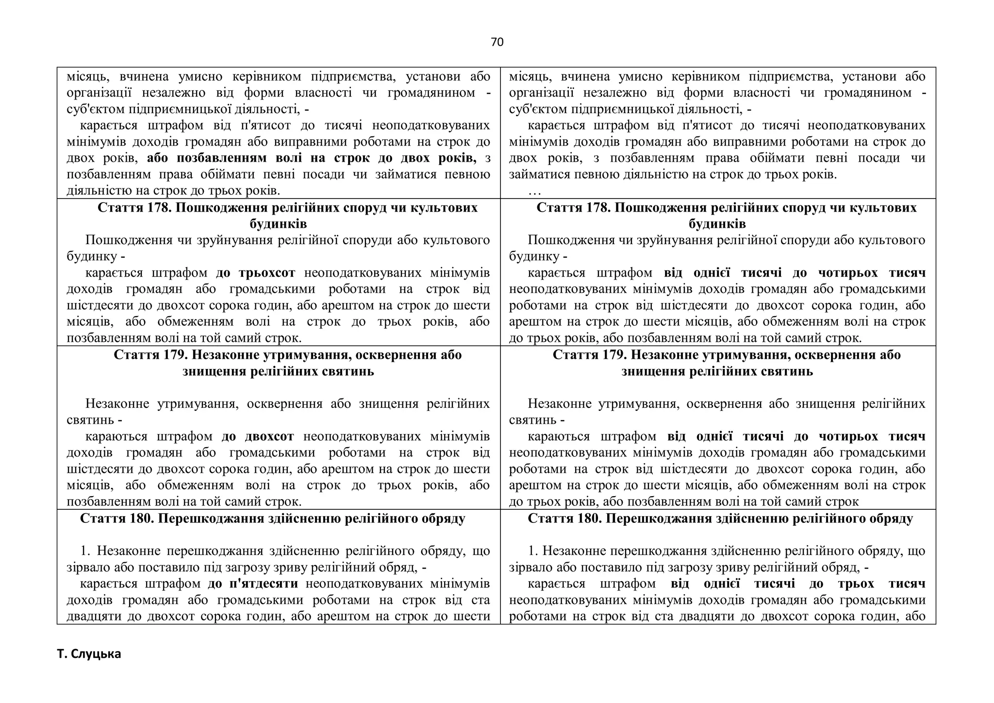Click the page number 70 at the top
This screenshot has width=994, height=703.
[x=497, y=42]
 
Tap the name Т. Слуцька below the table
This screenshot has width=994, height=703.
[x=89, y=654]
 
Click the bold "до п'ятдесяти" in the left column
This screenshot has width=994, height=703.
[x=253, y=584]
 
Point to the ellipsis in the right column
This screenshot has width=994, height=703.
[x=534, y=191]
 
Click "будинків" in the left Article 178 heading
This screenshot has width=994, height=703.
[x=278, y=224]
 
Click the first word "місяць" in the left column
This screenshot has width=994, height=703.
[x=86, y=77]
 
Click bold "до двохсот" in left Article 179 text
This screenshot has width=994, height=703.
[x=258, y=436]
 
